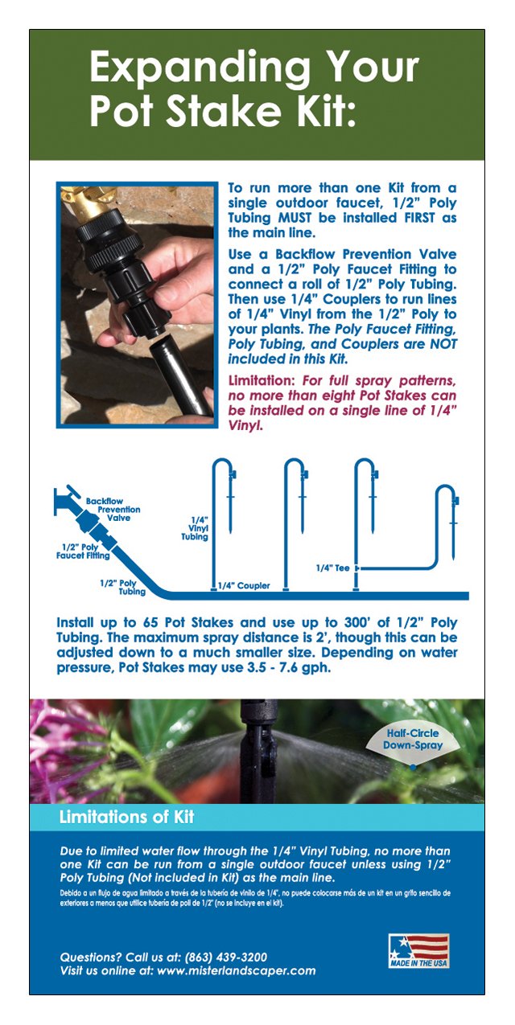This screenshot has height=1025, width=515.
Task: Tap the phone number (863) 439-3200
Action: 226,957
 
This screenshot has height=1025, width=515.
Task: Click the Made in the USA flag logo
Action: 418,950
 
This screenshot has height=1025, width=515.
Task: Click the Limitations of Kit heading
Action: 126,818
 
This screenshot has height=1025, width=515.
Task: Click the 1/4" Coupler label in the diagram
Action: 245,585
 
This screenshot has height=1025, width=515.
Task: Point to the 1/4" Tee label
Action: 332,568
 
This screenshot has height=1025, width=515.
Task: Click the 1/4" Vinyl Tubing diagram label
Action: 200,528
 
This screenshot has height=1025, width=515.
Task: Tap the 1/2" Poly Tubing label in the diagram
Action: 122,586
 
